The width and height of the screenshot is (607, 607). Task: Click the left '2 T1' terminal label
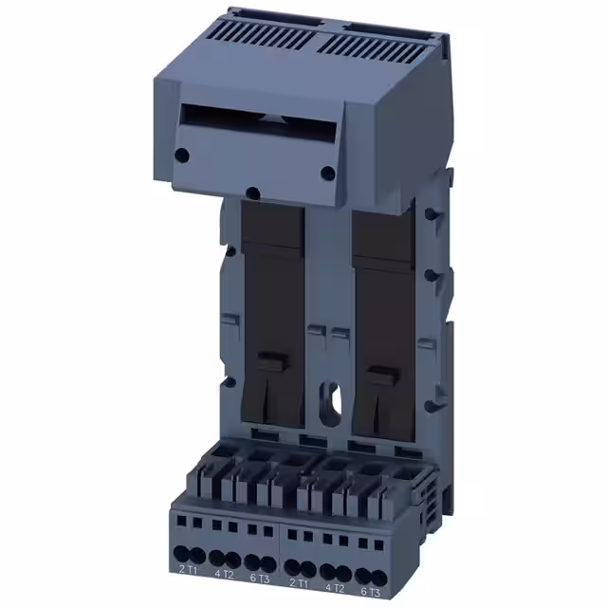188,569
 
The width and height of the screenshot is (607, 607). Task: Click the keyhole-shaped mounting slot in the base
331,396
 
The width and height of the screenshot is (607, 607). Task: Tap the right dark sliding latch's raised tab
381,372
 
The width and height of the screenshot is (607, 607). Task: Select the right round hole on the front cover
326,173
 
